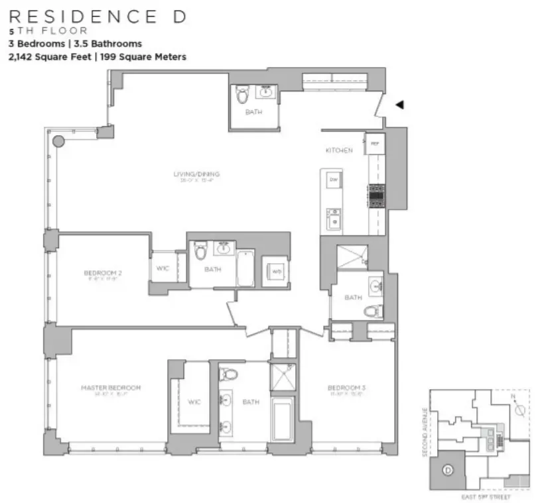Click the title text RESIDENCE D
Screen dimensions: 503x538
pyautogui.click(x=96, y=17)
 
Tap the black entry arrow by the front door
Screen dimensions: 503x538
pyautogui.click(x=399, y=105)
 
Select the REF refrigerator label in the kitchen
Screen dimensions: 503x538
pyautogui.click(x=375, y=143)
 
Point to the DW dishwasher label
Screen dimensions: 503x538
pyautogui.click(x=334, y=180)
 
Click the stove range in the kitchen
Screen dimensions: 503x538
pyautogui.click(x=376, y=196)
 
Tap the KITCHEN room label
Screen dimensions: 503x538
pyautogui.click(x=338, y=151)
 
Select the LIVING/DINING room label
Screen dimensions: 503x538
pyautogui.click(x=196, y=174)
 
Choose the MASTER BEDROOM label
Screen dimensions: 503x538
pyautogui.click(x=111, y=388)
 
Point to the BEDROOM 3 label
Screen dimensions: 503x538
pyautogui.click(x=344, y=388)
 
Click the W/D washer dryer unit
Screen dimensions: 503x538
pyautogui.click(x=275, y=272)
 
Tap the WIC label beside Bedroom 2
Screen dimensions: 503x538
pyautogui.click(x=163, y=268)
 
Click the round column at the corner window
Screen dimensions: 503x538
pyautogui.click(x=58, y=140)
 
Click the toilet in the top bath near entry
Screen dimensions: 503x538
pyautogui.click(x=241, y=95)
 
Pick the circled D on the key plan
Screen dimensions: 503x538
pyautogui.click(x=448, y=471)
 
